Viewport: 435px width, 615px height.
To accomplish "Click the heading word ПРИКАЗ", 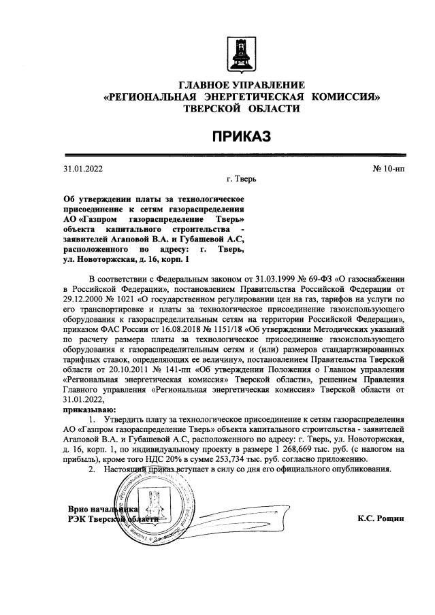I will pos(241,137).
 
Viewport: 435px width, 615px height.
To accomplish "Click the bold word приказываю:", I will pos(89,410).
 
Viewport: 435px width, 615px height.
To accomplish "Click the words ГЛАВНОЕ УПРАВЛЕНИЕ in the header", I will pos(241,85).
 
